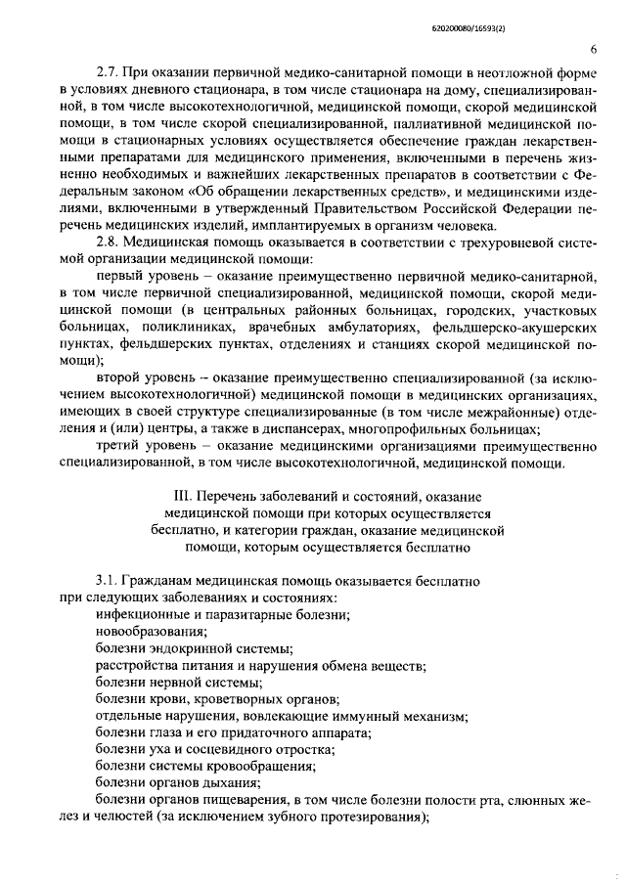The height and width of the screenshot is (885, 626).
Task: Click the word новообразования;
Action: [145, 631]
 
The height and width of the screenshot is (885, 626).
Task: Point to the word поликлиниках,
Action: [186, 326]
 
